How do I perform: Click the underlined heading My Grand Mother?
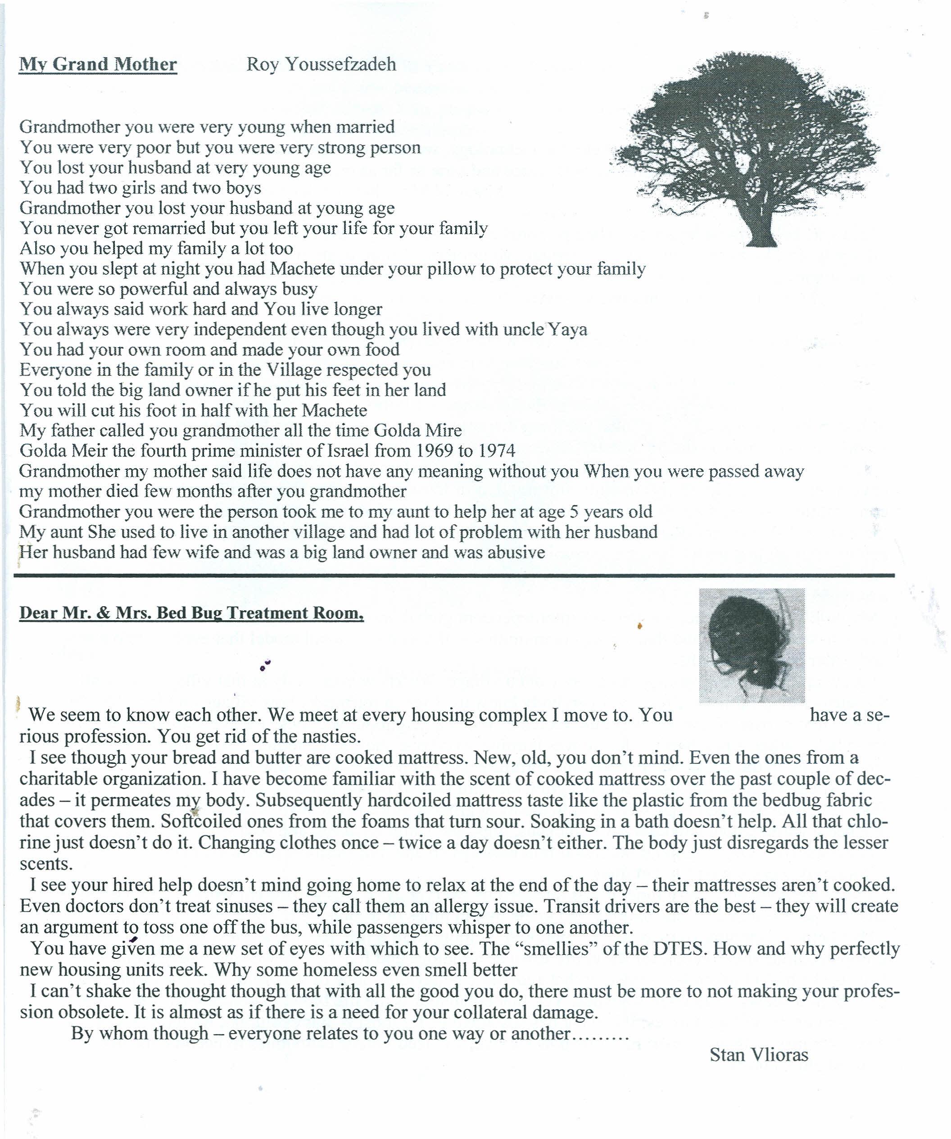click(x=98, y=64)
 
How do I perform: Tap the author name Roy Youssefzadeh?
click(x=321, y=64)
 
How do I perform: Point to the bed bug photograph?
click(x=752, y=645)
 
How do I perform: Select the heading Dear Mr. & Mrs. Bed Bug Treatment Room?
click(x=191, y=613)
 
